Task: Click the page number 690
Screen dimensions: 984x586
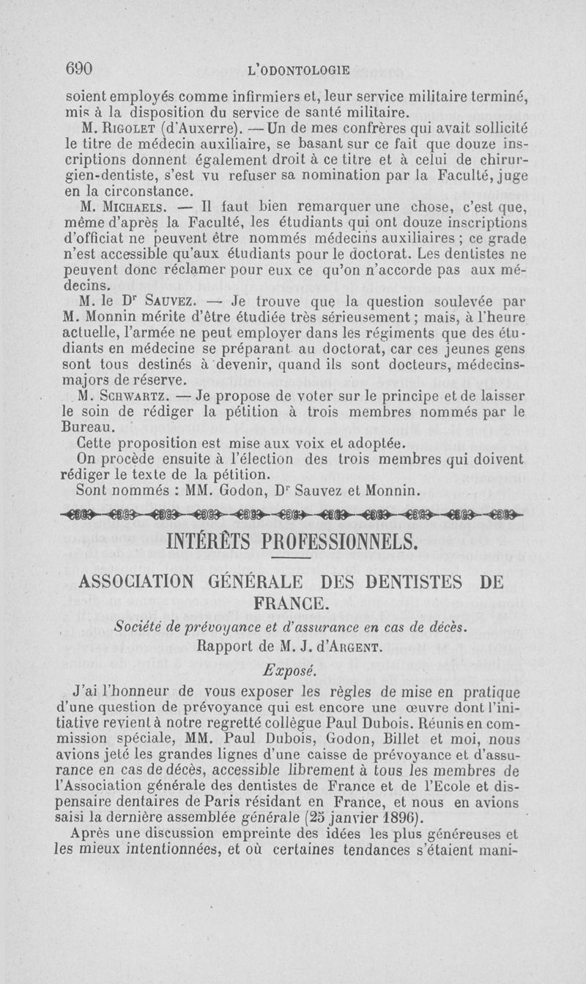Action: click(78, 69)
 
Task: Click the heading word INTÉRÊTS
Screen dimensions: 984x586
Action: click(212, 545)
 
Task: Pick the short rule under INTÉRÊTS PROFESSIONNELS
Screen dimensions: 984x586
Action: click(292, 561)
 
